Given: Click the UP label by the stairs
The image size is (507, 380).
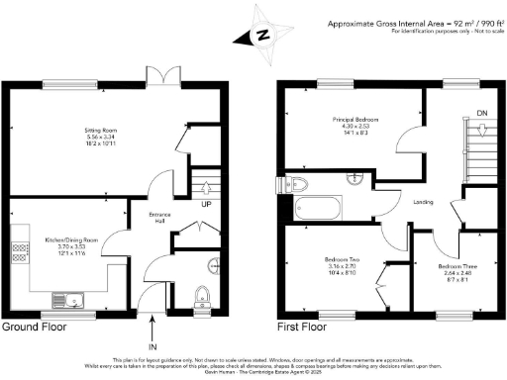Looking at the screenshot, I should [x=206, y=205].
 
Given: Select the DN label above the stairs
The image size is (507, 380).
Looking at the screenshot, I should [x=482, y=113].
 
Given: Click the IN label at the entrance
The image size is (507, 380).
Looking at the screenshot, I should [x=152, y=347].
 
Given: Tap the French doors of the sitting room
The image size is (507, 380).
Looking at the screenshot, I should [x=158, y=78].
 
